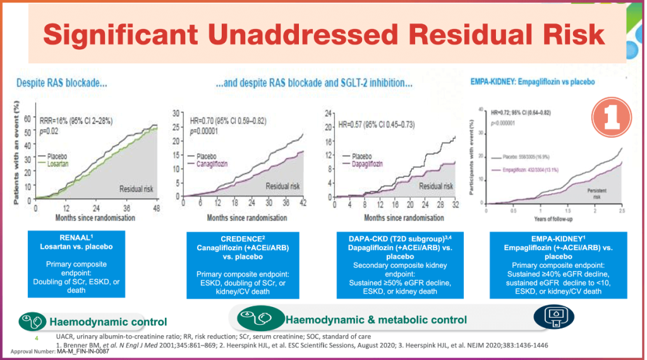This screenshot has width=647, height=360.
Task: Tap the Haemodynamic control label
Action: point(108,321)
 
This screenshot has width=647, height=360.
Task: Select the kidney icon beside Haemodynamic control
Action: point(32,321)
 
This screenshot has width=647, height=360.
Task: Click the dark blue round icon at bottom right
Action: point(554,318)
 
